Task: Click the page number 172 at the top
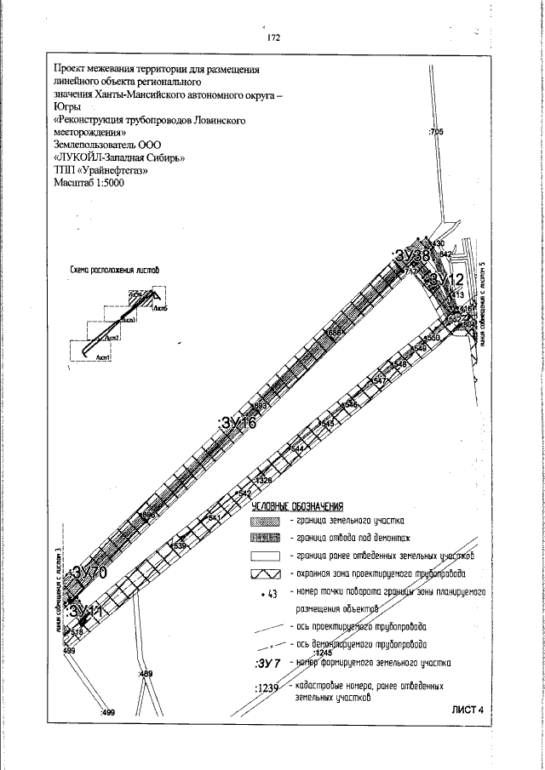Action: pyautogui.click(x=273, y=38)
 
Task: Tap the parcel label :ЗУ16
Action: pyautogui.click(x=238, y=424)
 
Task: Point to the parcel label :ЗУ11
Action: pyautogui.click(x=85, y=611)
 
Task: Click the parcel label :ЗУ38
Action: pyautogui.click(x=410, y=255)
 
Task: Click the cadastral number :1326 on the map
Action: pyautogui.click(x=262, y=481)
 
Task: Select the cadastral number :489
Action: pyautogui.click(x=145, y=674)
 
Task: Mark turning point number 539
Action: pyautogui.click(x=179, y=545)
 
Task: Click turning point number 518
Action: pyautogui.click(x=76, y=632)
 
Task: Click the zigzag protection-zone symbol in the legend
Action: pyautogui.click(x=265, y=574)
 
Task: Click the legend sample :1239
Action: pyautogui.click(x=267, y=688)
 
